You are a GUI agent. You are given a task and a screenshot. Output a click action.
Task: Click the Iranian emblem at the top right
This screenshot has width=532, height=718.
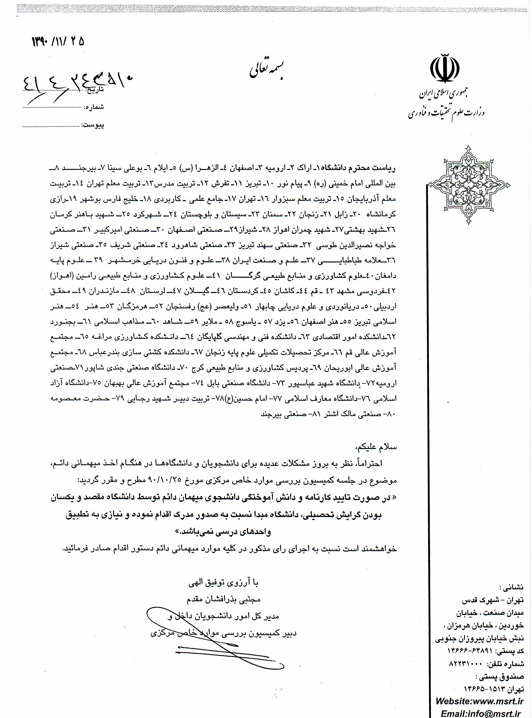445,69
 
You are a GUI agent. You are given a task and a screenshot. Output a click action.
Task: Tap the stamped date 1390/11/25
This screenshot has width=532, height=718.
58,42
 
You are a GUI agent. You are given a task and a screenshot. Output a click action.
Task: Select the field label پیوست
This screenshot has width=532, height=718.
94,125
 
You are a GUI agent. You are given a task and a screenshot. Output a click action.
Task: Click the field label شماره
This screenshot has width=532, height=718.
94,107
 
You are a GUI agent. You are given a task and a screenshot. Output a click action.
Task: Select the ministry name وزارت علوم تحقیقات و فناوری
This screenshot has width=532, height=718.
446,112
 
